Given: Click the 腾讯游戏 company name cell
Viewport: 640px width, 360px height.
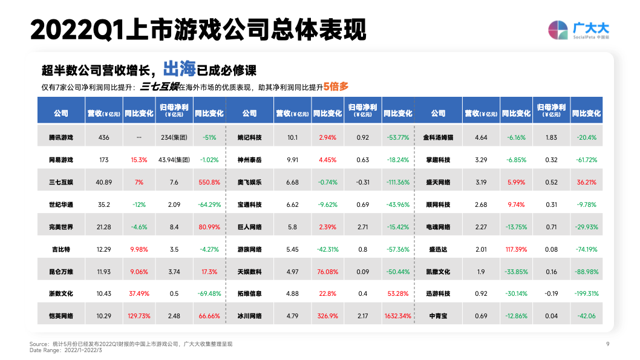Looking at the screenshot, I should pos(60,137).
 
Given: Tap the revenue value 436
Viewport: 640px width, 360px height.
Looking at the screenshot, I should pos(103,137).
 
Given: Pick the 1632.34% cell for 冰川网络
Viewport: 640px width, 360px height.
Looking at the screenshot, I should pos(397,316).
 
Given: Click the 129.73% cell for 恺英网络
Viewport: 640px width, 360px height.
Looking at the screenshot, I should pos(139,316).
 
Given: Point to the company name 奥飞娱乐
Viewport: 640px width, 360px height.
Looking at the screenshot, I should pos(249,182).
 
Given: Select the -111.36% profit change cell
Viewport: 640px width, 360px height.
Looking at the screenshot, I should pos(397,182).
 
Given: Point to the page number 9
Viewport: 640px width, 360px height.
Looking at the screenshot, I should pos(607,344).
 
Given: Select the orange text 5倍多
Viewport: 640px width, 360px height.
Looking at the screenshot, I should pos(336,87).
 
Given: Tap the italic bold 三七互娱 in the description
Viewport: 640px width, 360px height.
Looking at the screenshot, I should pos(158,87).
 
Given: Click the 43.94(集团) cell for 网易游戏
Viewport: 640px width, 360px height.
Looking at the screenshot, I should pos(174,160).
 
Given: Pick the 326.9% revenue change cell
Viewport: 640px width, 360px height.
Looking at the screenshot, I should pos(327,316).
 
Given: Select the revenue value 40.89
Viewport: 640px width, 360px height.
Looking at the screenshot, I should pos(103,182).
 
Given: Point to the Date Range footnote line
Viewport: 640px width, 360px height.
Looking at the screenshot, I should pos(66,350).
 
